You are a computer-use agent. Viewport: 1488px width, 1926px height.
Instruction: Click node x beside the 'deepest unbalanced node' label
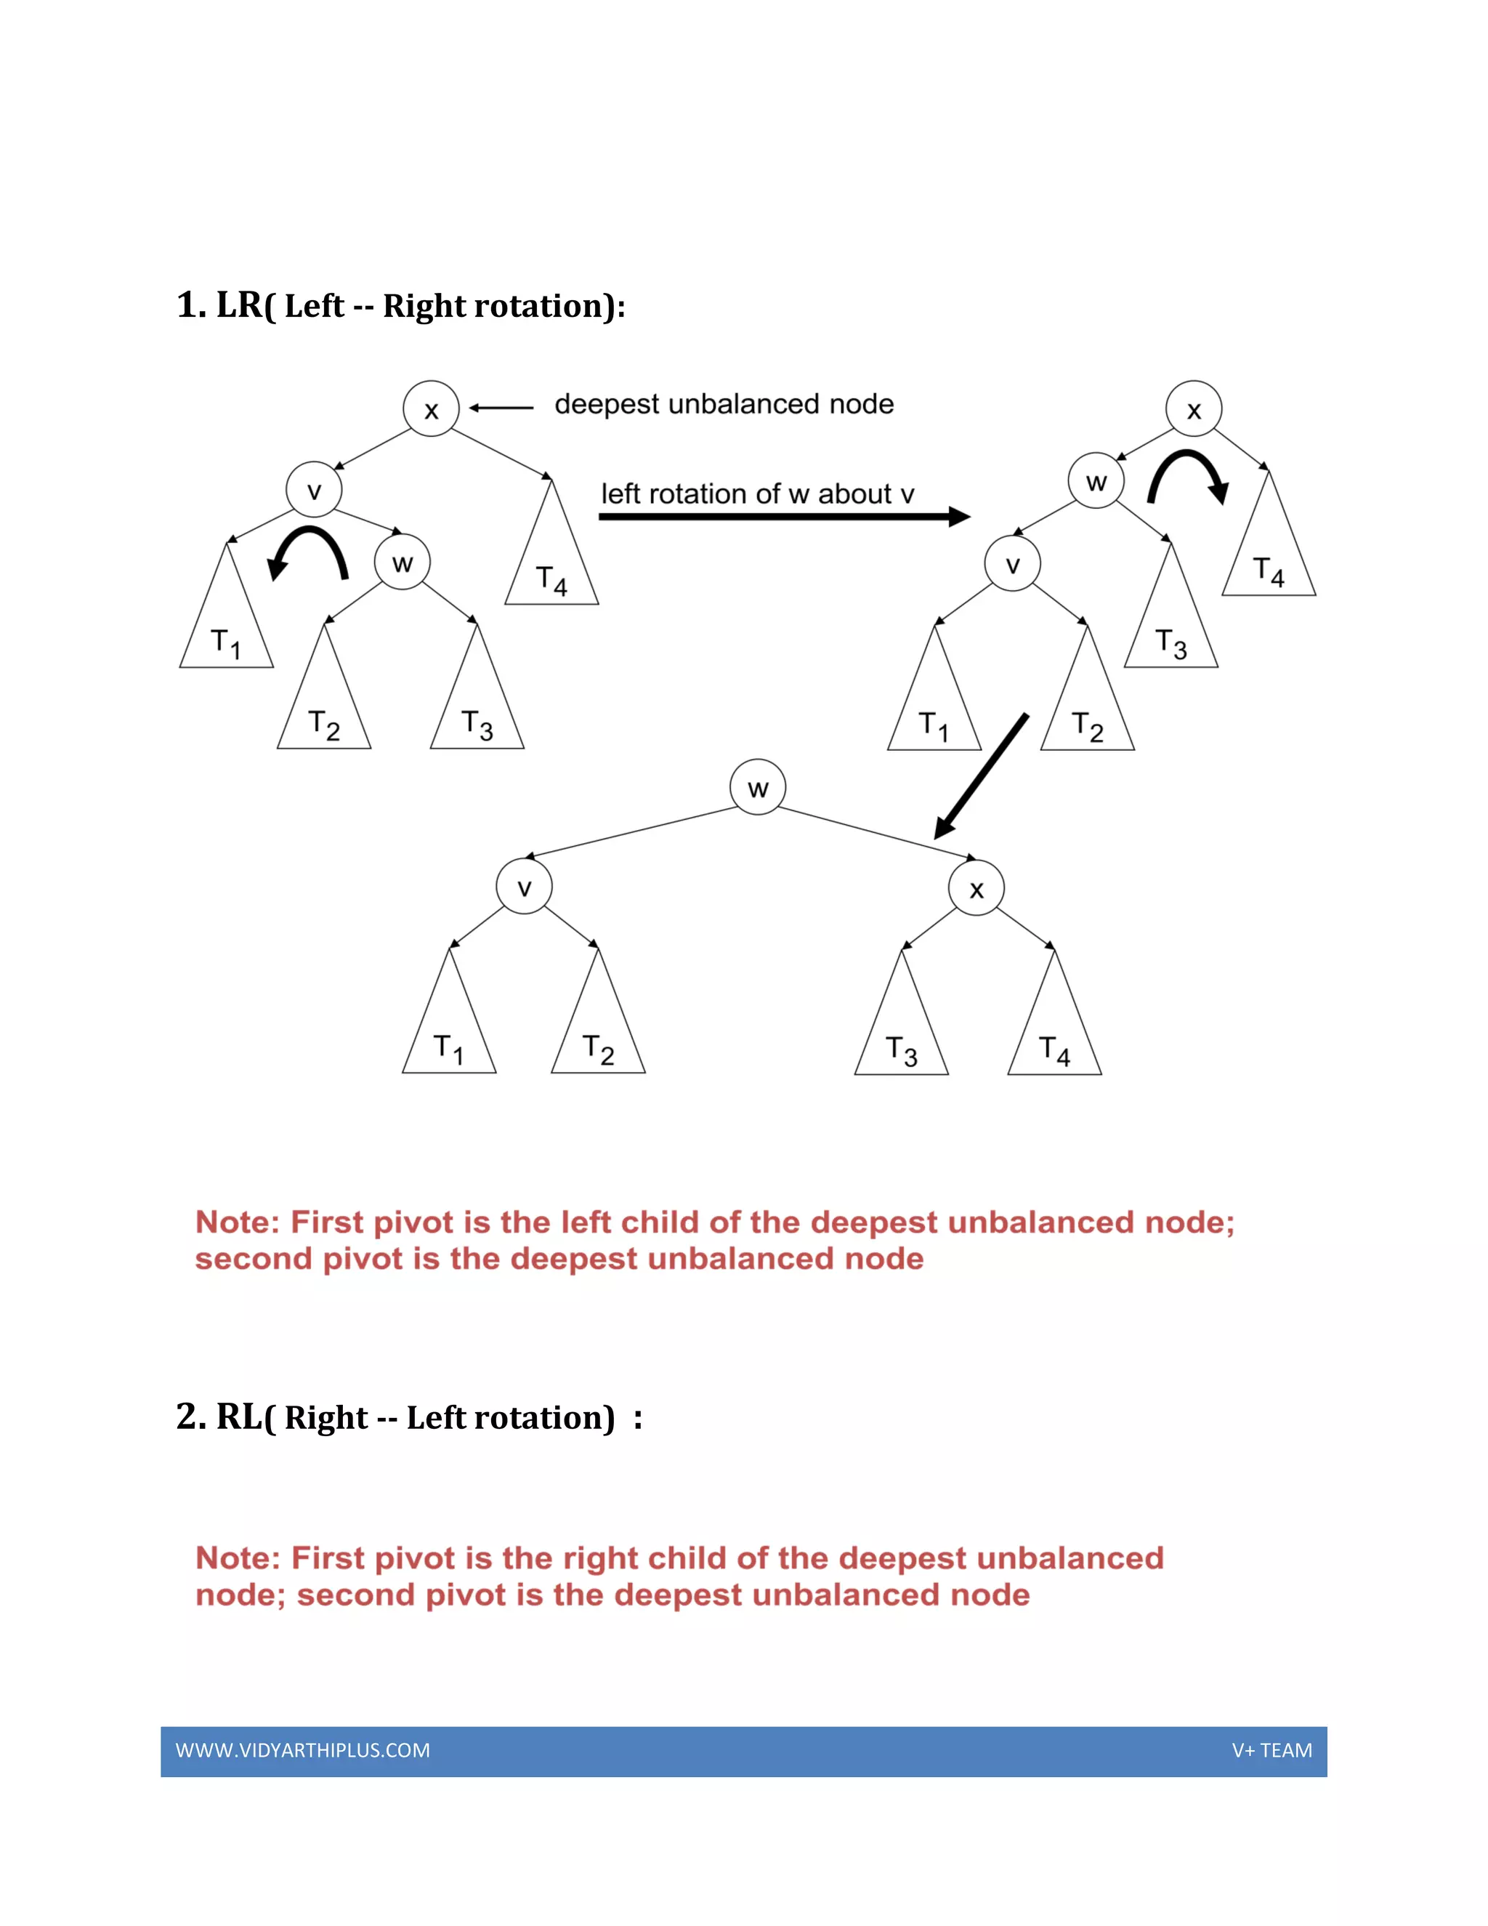pos(431,409)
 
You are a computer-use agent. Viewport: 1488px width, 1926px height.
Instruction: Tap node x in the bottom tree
pos(976,889)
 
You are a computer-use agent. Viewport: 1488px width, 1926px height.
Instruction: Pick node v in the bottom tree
pos(525,887)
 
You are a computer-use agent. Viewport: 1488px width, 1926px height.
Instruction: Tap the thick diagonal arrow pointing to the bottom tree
pos(980,776)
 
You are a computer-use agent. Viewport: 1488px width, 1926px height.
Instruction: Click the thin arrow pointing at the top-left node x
pos(501,408)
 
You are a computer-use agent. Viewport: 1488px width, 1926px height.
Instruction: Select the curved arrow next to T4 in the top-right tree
pos(1188,476)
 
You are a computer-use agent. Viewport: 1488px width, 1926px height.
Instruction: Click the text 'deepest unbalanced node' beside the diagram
pos(724,404)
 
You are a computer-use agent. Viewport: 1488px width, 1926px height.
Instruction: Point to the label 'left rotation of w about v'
pos(757,493)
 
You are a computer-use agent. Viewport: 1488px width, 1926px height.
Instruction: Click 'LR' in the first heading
pos(239,305)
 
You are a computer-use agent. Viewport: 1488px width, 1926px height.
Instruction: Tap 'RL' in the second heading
pos(239,1417)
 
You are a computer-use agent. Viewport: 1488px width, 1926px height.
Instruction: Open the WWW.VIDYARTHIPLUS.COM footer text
pos(302,1751)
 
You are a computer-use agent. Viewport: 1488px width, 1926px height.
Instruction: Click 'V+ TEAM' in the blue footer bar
pos(1271,1751)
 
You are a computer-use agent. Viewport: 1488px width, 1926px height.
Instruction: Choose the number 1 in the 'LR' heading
pos(187,305)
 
